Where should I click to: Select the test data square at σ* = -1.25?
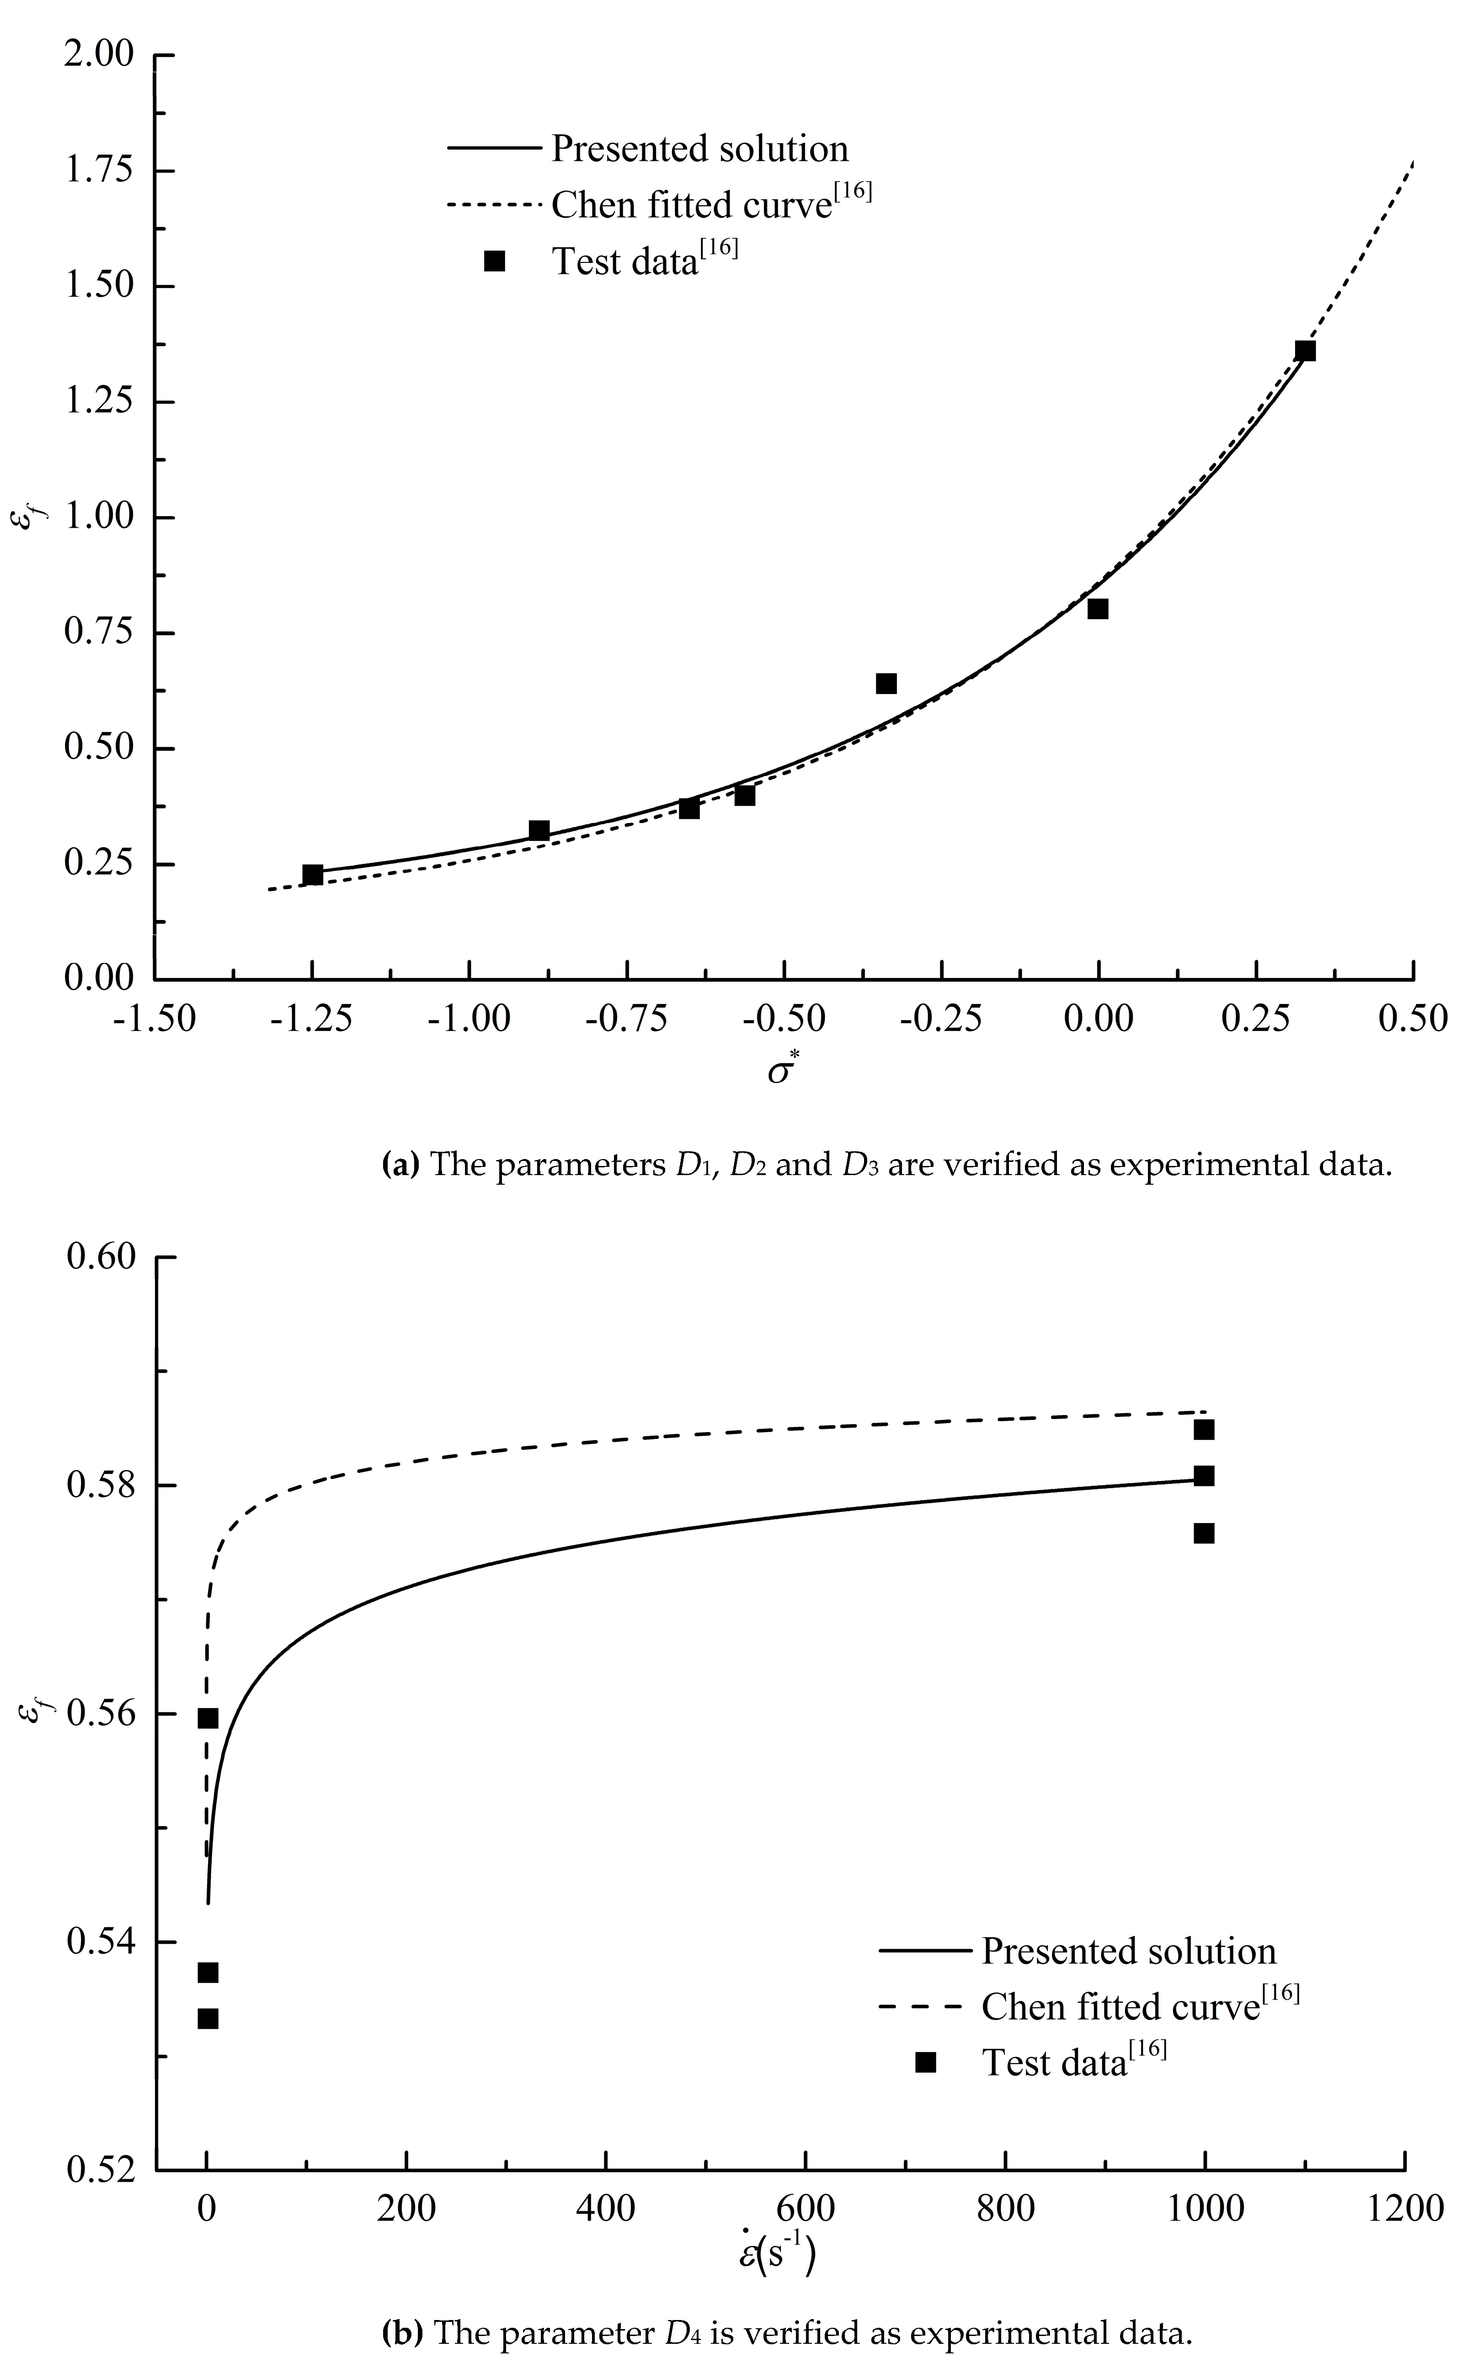click(x=312, y=874)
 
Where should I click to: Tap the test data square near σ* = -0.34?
click(x=886, y=684)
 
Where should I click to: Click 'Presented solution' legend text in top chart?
click(x=699, y=149)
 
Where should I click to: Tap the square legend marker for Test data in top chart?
click(x=494, y=261)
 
